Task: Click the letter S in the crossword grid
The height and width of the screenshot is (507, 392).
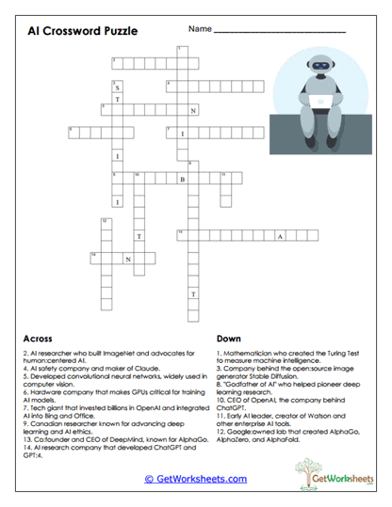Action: tap(118, 87)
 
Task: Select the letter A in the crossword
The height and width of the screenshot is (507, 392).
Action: tap(279, 235)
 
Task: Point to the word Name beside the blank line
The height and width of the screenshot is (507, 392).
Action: tap(200, 29)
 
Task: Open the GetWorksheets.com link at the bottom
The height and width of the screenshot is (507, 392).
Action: tap(196, 478)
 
